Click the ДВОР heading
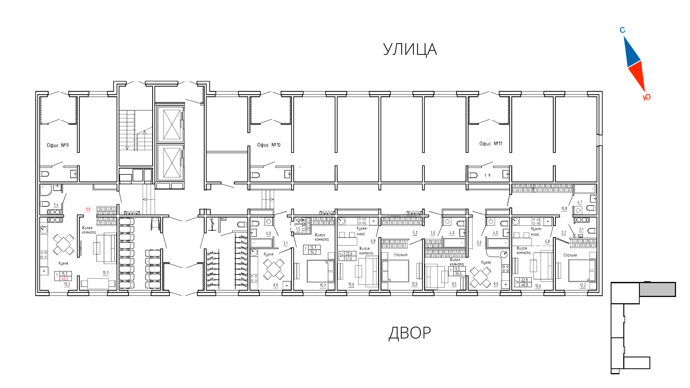coord(410,333)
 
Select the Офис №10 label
coord(269,145)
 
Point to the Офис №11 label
coord(491,144)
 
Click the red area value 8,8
coord(88,209)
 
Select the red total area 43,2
coord(65,278)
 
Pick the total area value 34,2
coord(313,252)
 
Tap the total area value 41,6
coord(349,258)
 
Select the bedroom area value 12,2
coord(583,285)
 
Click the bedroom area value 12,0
coord(414,284)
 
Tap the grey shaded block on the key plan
coord(657,289)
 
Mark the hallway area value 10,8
coord(564,209)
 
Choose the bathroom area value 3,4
coord(56,205)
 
